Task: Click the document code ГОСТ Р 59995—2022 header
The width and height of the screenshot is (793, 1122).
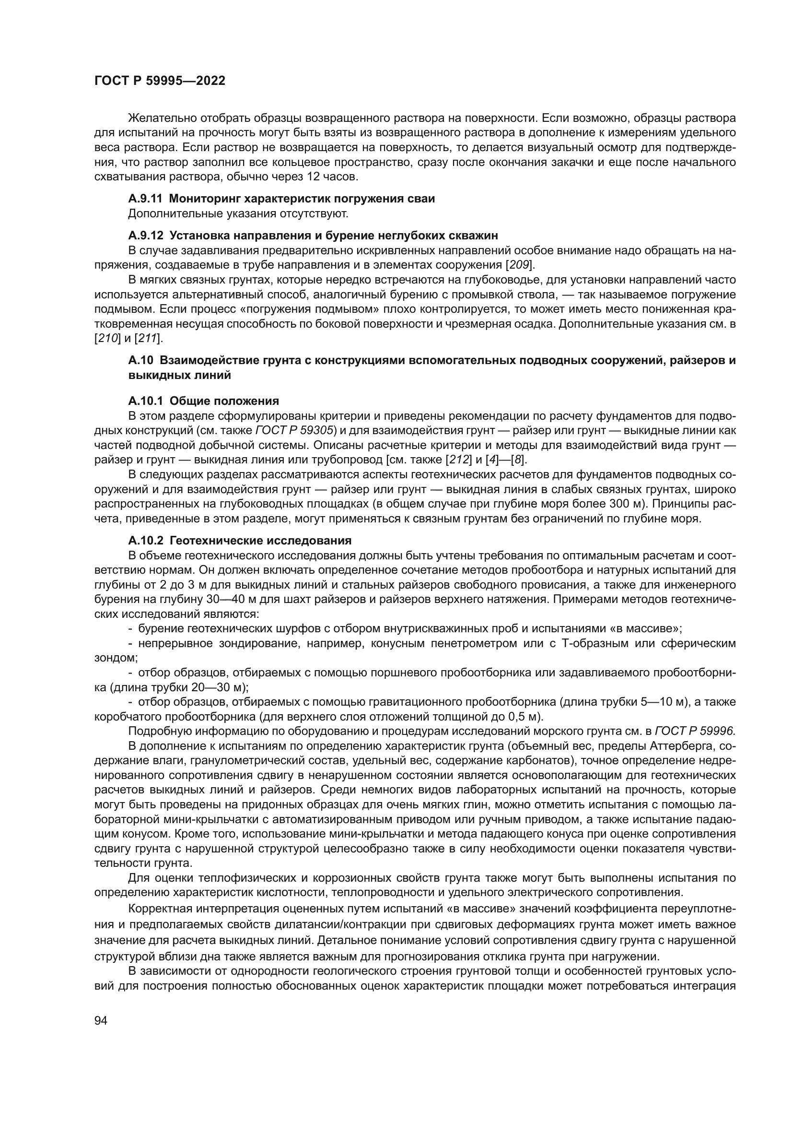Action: (160, 81)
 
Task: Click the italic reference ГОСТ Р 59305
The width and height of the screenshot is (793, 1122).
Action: (294, 430)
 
